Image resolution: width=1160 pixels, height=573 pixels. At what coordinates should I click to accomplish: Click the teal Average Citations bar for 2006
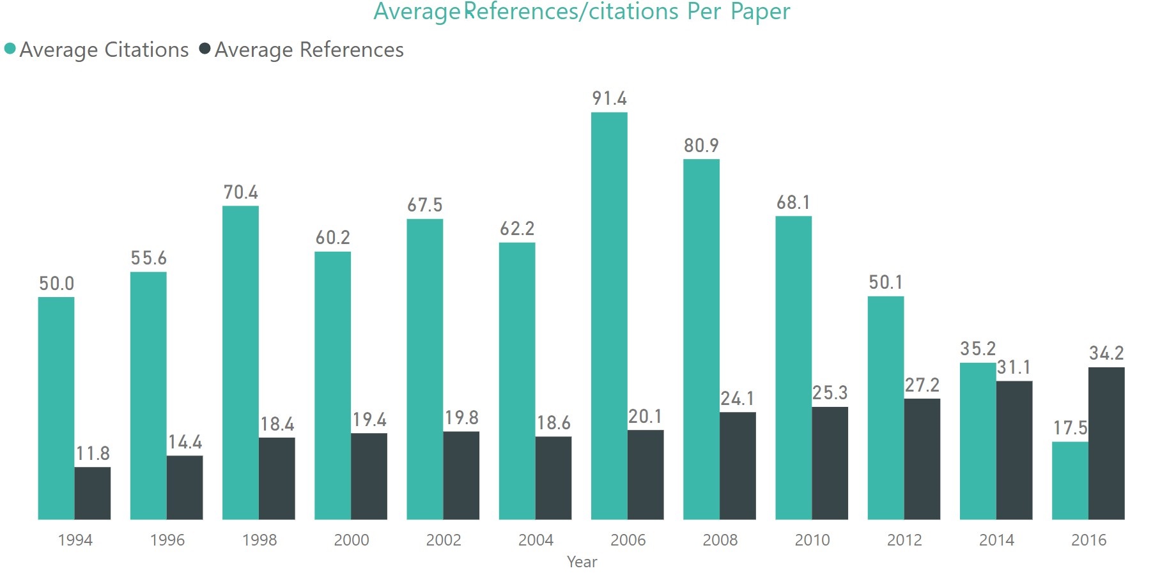[x=608, y=316]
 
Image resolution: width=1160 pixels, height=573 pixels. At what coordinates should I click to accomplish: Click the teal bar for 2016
[x=1069, y=480]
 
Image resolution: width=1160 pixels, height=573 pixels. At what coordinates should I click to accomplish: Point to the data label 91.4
[x=609, y=98]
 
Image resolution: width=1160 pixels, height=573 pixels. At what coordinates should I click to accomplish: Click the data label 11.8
[x=93, y=454]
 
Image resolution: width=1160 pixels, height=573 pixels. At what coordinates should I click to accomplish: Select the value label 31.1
[x=1014, y=367]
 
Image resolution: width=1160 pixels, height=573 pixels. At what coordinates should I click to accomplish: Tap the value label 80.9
[x=701, y=146]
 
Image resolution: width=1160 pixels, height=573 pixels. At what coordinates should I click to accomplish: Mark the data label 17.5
[x=1070, y=428]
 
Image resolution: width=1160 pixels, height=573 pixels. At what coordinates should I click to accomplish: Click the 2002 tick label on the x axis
[x=444, y=540]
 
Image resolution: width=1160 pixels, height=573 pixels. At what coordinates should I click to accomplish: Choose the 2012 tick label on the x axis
[x=904, y=540]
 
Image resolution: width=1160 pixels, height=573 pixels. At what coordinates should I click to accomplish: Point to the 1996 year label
[x=167, y=540]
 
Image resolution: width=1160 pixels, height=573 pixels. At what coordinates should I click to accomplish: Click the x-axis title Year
[x=582, y=562]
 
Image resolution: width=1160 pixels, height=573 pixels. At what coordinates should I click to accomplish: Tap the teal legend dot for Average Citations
[x=10, y=49]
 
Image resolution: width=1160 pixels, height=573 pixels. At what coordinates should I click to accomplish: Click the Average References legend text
[x=309, y=50]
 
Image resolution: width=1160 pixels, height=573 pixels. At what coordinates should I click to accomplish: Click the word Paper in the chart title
[x=760, y=11]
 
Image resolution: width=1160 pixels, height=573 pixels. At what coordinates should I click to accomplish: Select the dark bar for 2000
[x=369, y=476]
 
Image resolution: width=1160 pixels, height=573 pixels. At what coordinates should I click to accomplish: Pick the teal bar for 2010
[x=793, y=367]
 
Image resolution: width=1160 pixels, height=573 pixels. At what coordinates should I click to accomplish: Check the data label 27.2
[x=922, y=385]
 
